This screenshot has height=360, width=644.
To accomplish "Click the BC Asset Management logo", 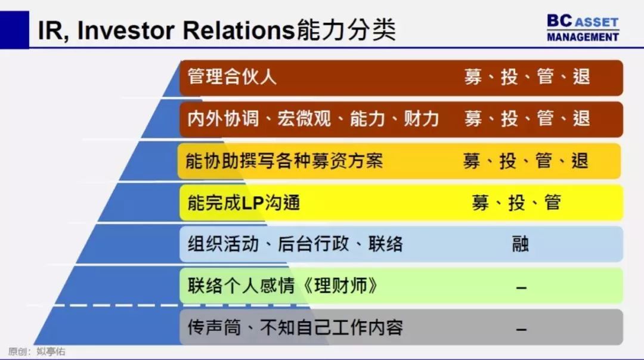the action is point(583,28).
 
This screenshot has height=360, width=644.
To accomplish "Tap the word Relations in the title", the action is point(239,30).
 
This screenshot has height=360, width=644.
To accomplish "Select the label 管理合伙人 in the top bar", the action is point(232,77).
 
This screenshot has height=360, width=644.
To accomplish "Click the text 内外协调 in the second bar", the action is point(223,119).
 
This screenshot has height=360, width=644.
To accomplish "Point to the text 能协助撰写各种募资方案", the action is point(284,161).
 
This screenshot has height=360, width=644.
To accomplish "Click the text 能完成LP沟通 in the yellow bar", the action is point(243,203).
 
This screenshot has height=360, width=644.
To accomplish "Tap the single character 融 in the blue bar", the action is point(521,244).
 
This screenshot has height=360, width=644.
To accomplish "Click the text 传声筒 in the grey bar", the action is point(214,328).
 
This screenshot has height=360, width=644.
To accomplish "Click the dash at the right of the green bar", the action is point(521,288).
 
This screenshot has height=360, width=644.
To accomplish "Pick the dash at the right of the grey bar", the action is point(521,329).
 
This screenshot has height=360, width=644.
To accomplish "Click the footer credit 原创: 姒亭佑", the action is point(36,352).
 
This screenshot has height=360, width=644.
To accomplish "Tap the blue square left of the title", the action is point(14,30).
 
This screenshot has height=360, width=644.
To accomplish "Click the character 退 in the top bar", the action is point(581,77).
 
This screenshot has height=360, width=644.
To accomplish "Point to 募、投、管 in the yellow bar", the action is point(516,203).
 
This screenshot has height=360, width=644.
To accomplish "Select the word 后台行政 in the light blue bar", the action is point(314,244).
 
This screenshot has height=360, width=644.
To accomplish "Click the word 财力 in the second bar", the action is point(422,119).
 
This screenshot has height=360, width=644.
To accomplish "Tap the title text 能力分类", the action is point(346,30).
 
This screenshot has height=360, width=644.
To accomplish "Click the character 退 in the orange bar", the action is point(580,161).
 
